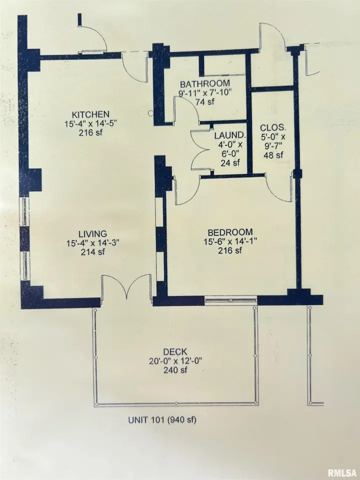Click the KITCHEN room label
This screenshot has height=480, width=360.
(x=90, y=114)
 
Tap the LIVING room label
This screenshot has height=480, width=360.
(x=93, y=234)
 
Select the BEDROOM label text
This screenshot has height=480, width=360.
(x=230, y=232)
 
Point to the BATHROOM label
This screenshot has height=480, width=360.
(x=205, y=83)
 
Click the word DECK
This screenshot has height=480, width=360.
(x=175, y=352)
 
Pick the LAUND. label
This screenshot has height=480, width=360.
(x=230, y=135)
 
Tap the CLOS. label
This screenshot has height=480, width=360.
(x=273, y=127)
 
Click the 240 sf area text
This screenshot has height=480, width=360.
(x=175, y=370)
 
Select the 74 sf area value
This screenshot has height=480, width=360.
(x=205, y=101)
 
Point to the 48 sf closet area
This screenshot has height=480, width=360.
(x=273, y=155)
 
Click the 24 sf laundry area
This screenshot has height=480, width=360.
(x=230, y=162)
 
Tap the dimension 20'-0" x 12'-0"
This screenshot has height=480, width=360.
(x=175, y=361)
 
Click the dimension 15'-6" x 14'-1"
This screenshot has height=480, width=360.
(x=230, y=241)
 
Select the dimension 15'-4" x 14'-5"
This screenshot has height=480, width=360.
(x=90, y=123)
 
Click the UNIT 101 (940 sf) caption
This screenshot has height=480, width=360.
(x=162, y=419)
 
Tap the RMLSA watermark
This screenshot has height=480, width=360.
(x=342, y=472)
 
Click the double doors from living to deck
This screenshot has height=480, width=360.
(x=126, y=288)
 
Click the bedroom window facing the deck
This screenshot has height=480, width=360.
(x=230, y=300)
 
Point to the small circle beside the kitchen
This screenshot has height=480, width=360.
(x=150, y=113)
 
